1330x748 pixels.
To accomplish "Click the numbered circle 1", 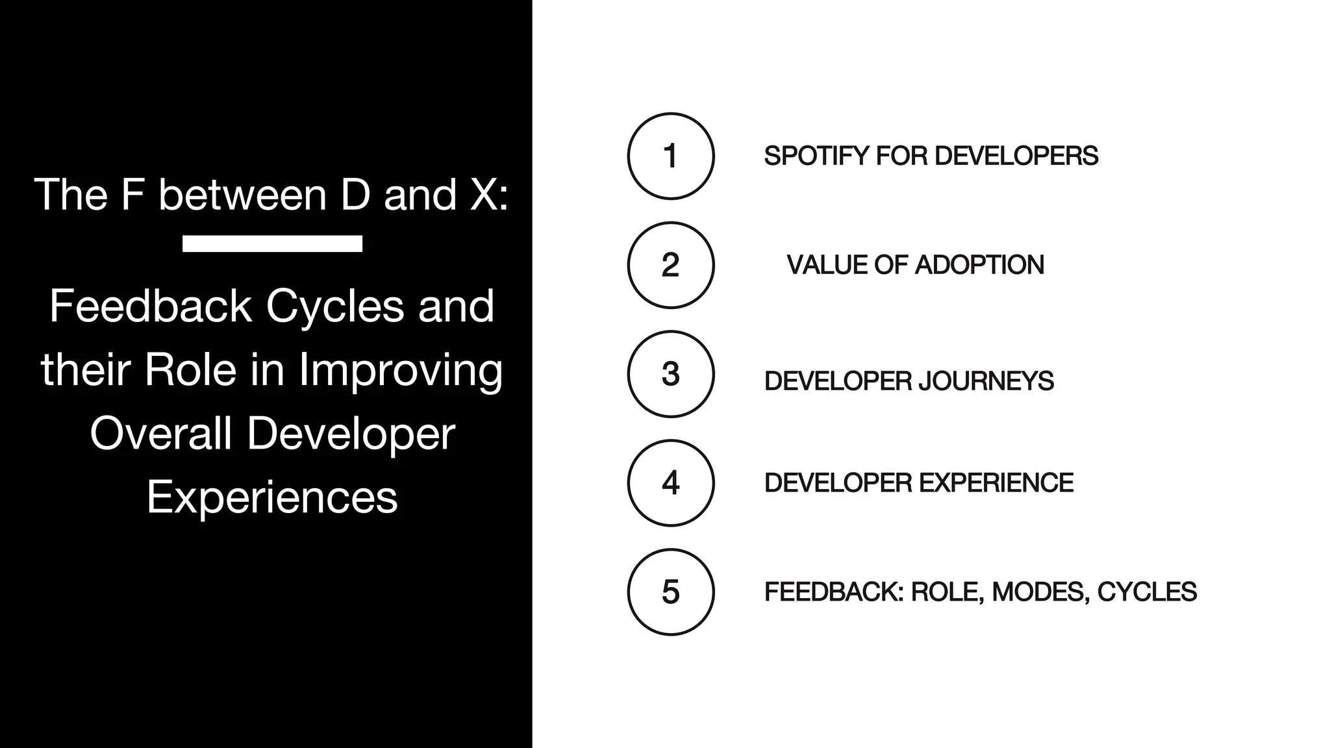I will point(671,156).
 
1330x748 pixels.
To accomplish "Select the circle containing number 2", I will point(671,265).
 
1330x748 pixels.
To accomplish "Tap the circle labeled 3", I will point(671,374).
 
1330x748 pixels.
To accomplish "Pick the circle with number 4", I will point(671,483).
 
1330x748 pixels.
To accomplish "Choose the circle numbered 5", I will point(671,592).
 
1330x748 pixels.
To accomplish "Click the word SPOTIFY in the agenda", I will point(816,156).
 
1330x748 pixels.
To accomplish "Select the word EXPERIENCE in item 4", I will point(996,483).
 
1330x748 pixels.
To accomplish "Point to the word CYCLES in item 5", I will point(1146,592).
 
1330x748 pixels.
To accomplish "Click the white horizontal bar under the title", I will point(272,243).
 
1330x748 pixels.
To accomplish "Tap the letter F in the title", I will point(132,194).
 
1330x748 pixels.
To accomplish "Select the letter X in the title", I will point(483,194).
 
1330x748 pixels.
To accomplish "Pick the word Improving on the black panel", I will point(401,371).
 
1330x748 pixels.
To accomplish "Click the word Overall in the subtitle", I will point(160,434).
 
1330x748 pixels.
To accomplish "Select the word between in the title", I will point(242,194).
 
